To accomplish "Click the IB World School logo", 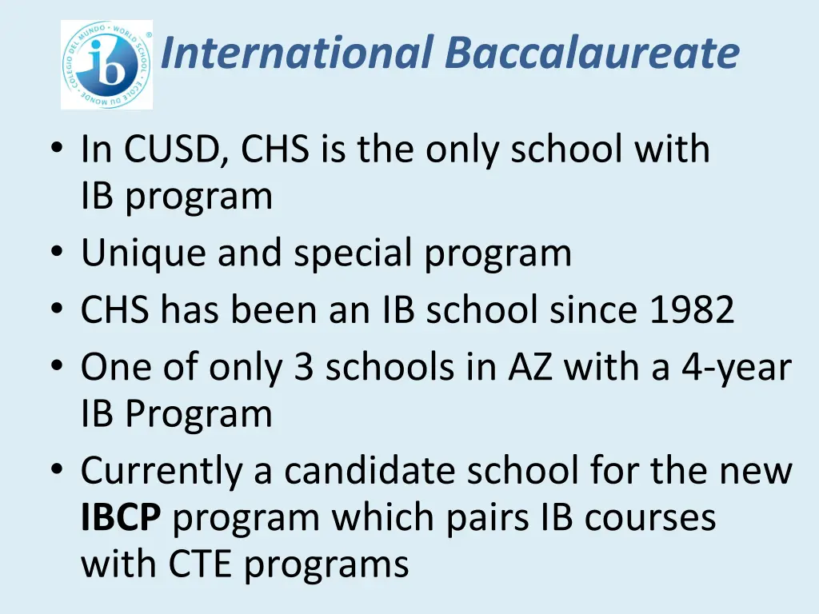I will click(x=106, y=65).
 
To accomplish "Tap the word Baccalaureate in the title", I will click(x=592, y=53).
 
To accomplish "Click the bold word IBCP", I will click(x=121, y=517).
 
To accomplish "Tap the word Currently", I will click(x=161, y=471).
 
